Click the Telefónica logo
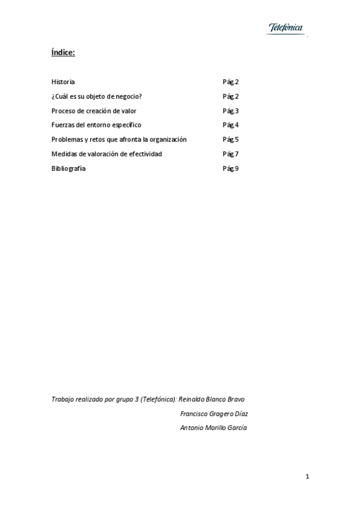click(285, 28)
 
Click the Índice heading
click(63, 53)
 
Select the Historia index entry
click(63, 82)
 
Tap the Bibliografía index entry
click(69, 168)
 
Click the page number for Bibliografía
click(231, 168)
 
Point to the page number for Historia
click(231, 82)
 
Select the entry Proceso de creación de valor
click(94, 111)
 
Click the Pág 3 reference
click(231, 111)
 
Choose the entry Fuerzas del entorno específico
click(96, 125)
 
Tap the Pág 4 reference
click(231, 125)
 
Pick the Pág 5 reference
click(231, 140)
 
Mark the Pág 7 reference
click(231, 154)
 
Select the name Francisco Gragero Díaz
click(215, 413)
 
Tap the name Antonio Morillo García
click(213, 428)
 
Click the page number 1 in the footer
click(307, 477)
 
